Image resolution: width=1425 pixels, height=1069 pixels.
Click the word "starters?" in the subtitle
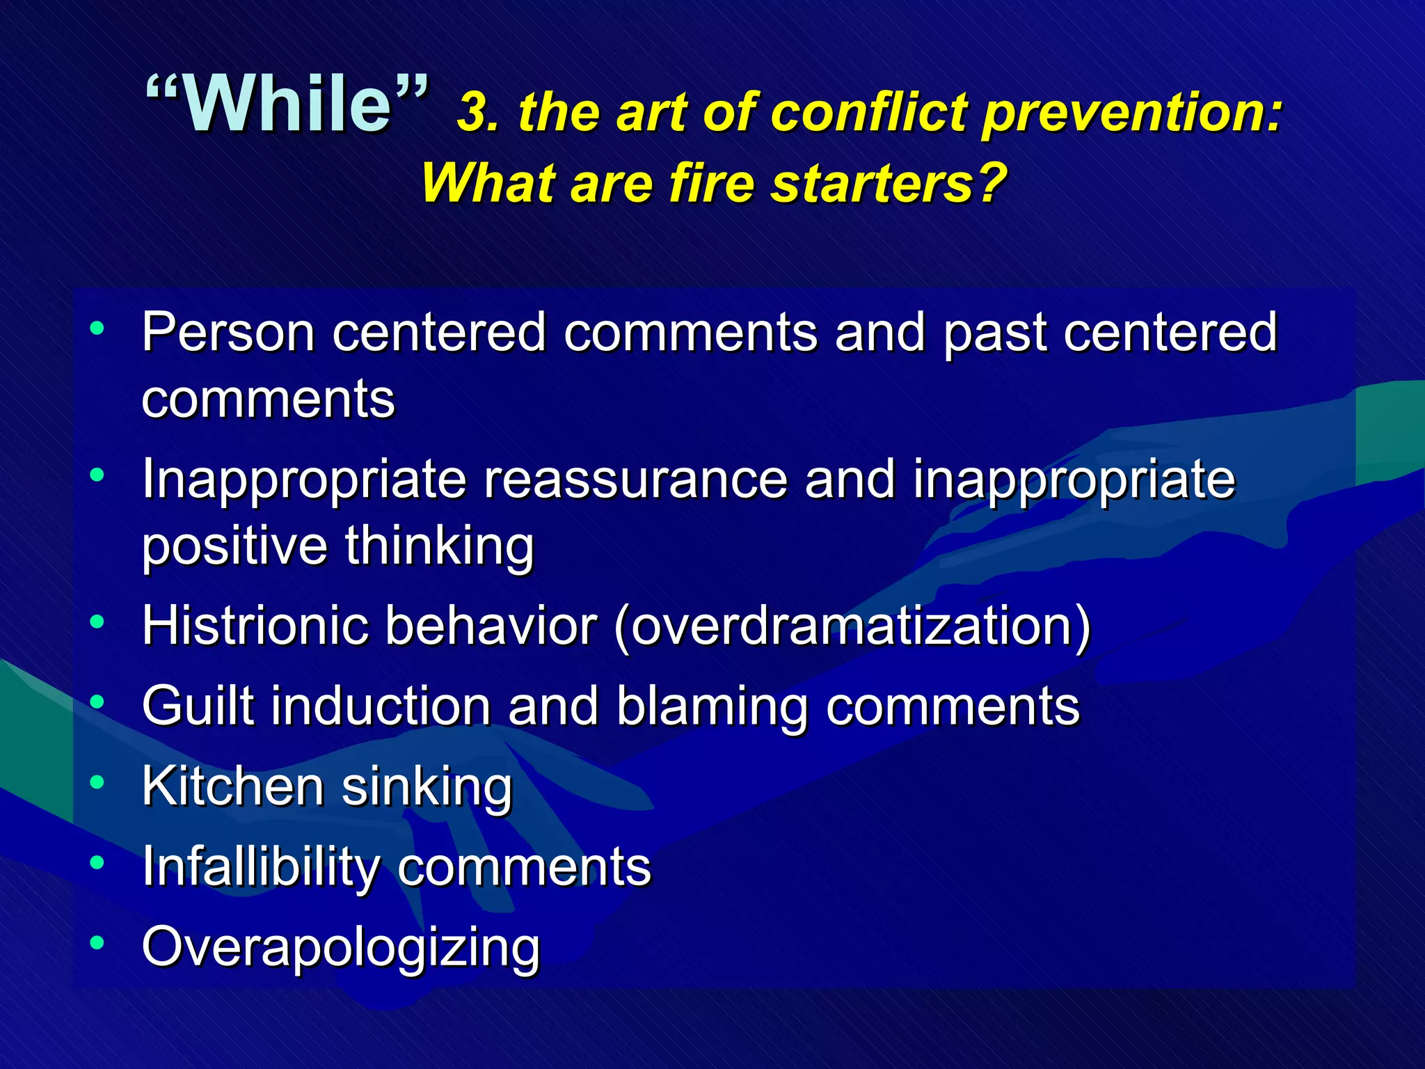click(x=890, y=184)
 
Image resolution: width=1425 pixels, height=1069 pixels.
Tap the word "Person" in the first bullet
click(x=228, y=333)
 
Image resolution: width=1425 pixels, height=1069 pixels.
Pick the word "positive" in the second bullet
click(x=234, y=547)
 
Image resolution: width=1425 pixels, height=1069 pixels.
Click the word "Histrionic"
click(x=255, y=626)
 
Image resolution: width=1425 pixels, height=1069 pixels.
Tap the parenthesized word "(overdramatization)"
click(x=852, y=627)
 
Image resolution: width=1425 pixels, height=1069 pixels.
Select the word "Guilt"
click(x=198, y=706)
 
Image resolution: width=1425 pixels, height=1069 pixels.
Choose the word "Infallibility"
click(x=260, y=867)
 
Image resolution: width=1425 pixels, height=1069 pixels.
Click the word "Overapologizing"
click(x=340, y=949)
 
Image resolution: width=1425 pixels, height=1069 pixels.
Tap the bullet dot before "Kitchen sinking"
click(x=97, y=782)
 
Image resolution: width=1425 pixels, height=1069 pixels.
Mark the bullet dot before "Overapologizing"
click(x=97, y=943)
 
